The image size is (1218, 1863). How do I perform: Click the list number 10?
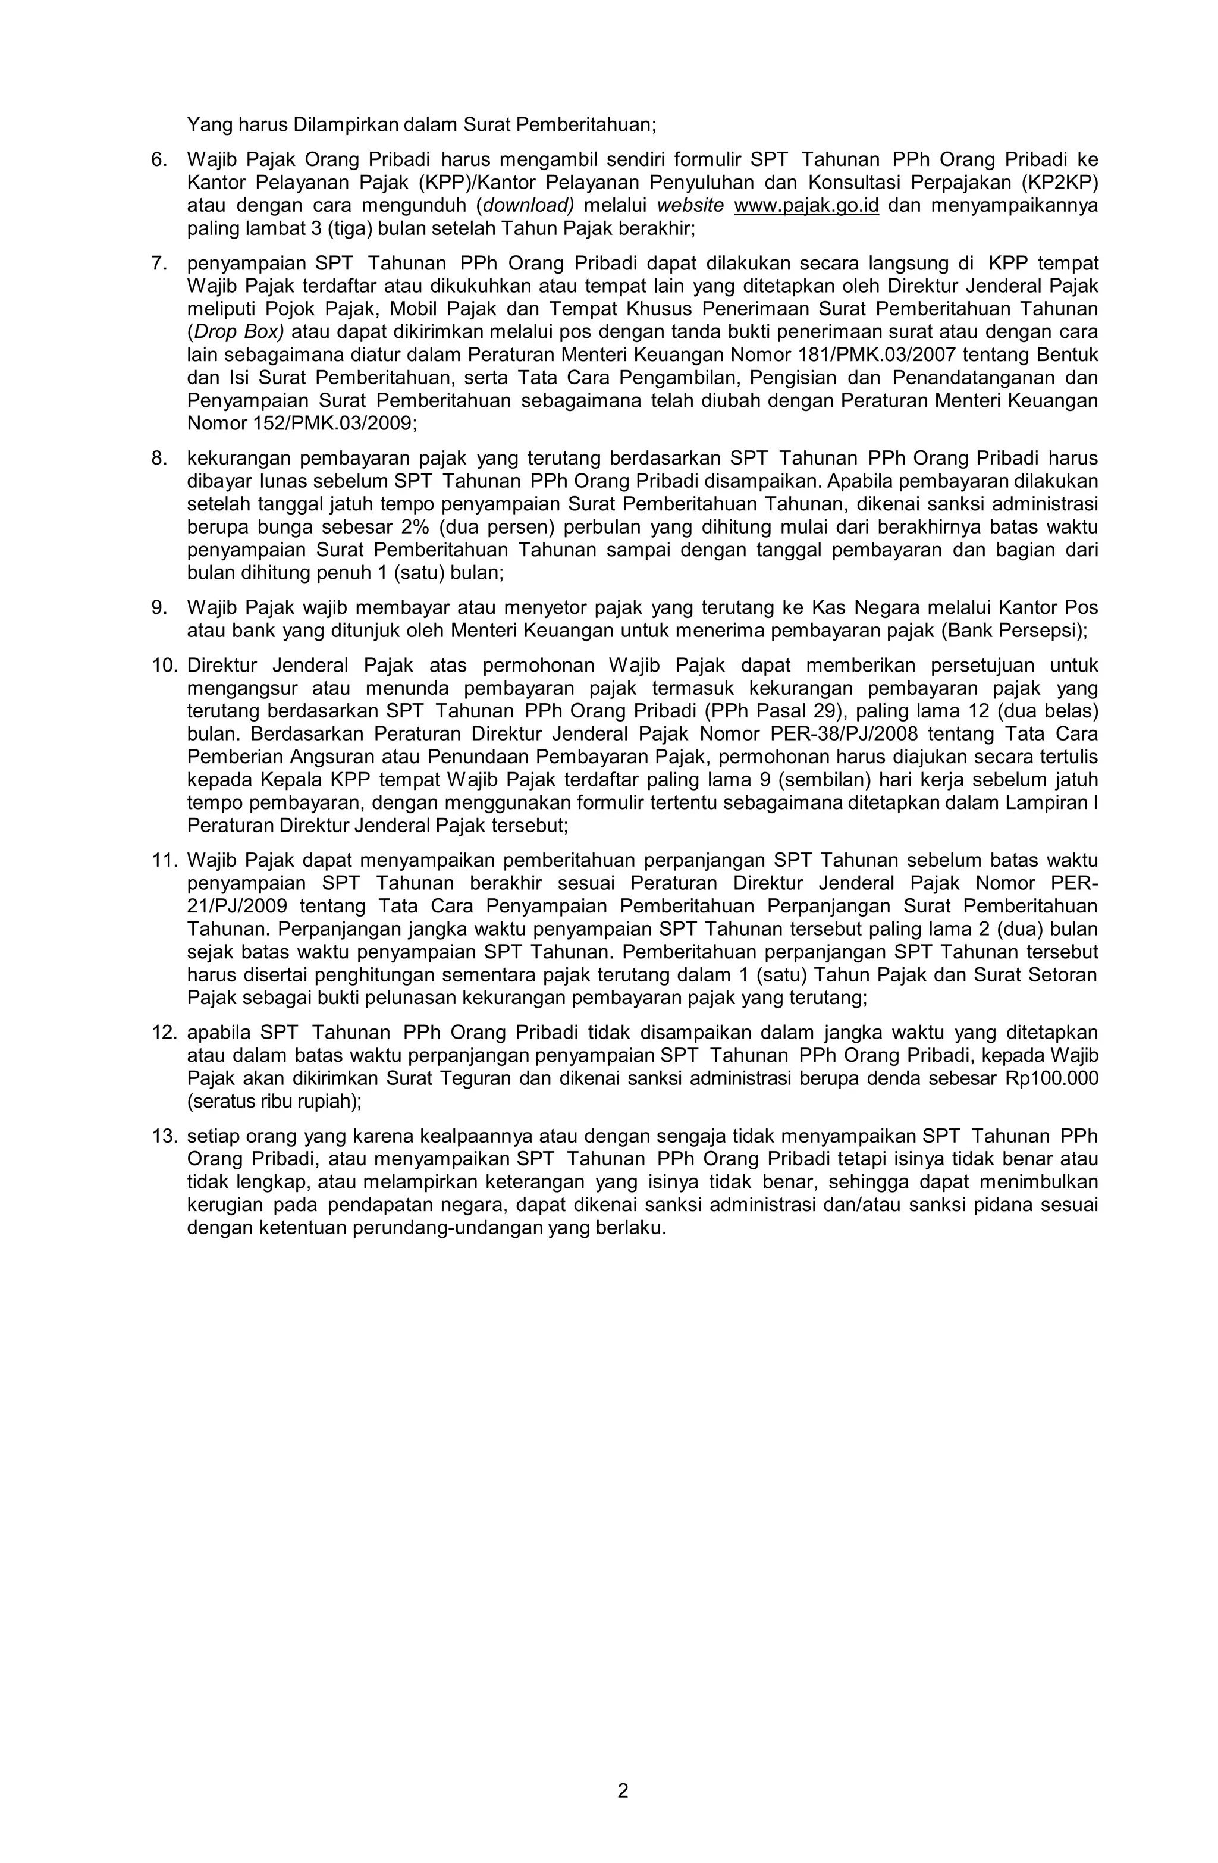tap(164, 666)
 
